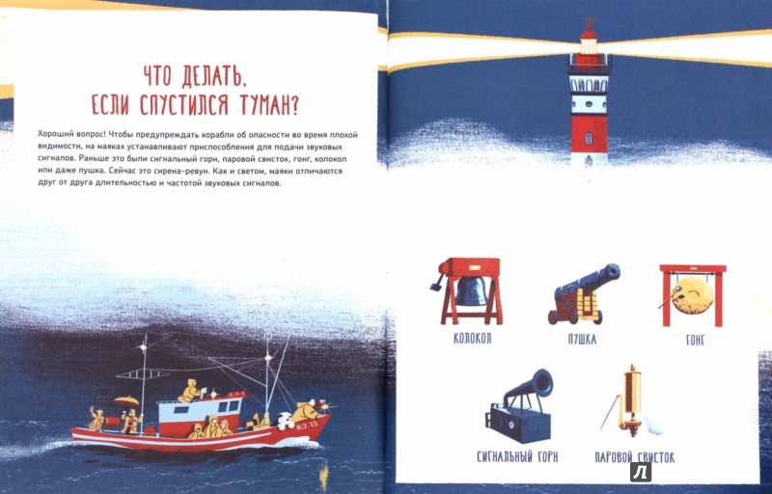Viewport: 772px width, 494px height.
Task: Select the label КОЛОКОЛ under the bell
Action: (x=472, y=339)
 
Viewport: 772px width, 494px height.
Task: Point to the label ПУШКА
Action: (x=582, y=339)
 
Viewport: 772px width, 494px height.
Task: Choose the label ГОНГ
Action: (x=695, y=340)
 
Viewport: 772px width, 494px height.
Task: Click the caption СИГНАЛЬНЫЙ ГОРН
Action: (x=517, y=456)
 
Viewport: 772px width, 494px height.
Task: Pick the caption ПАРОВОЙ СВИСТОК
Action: (x=635, y=457)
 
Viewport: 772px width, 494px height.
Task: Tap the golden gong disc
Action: (x=693, y=295)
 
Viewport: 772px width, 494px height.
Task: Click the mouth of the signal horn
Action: (x=542, y=382)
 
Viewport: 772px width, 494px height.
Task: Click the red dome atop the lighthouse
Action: (x=589, y=33)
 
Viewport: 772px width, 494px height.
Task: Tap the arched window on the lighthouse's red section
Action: (x=589, y=138)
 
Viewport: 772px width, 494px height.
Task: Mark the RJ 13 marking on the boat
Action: (x=307, y=425)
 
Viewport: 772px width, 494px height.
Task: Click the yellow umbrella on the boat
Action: (x=126, y=400)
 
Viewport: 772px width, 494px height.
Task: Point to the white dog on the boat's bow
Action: (x=284, y=421)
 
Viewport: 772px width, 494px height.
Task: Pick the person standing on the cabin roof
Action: (x=190, y=391)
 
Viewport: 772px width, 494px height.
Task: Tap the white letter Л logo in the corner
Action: (x=641, y=473)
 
